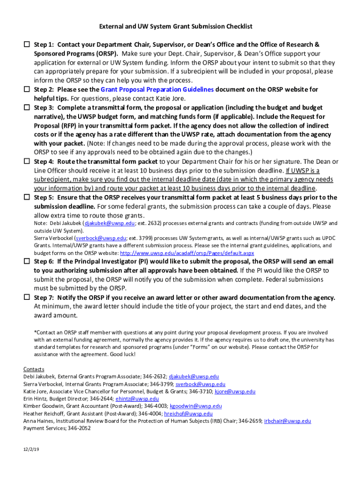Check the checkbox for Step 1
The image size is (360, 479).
tap(27, 45)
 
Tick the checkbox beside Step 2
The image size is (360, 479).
tap(27, 89)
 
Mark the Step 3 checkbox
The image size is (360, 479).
tap(27, 108)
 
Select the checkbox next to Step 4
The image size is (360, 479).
tap(27, 161)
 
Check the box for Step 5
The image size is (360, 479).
tap(27, 197)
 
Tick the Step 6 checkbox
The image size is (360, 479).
tap(27, 261)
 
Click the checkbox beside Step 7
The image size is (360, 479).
tap(27, 298)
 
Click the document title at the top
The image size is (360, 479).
tap(180, 27)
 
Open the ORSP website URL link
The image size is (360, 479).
tap(187, 253)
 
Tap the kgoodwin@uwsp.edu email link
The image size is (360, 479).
tap(195, 406)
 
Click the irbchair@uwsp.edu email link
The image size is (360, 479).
tap(287, 421)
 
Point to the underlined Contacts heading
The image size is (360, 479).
tap(34, 369)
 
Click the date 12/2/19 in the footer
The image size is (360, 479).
tap(31, 450)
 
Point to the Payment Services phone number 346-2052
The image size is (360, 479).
tap(79, 428)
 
